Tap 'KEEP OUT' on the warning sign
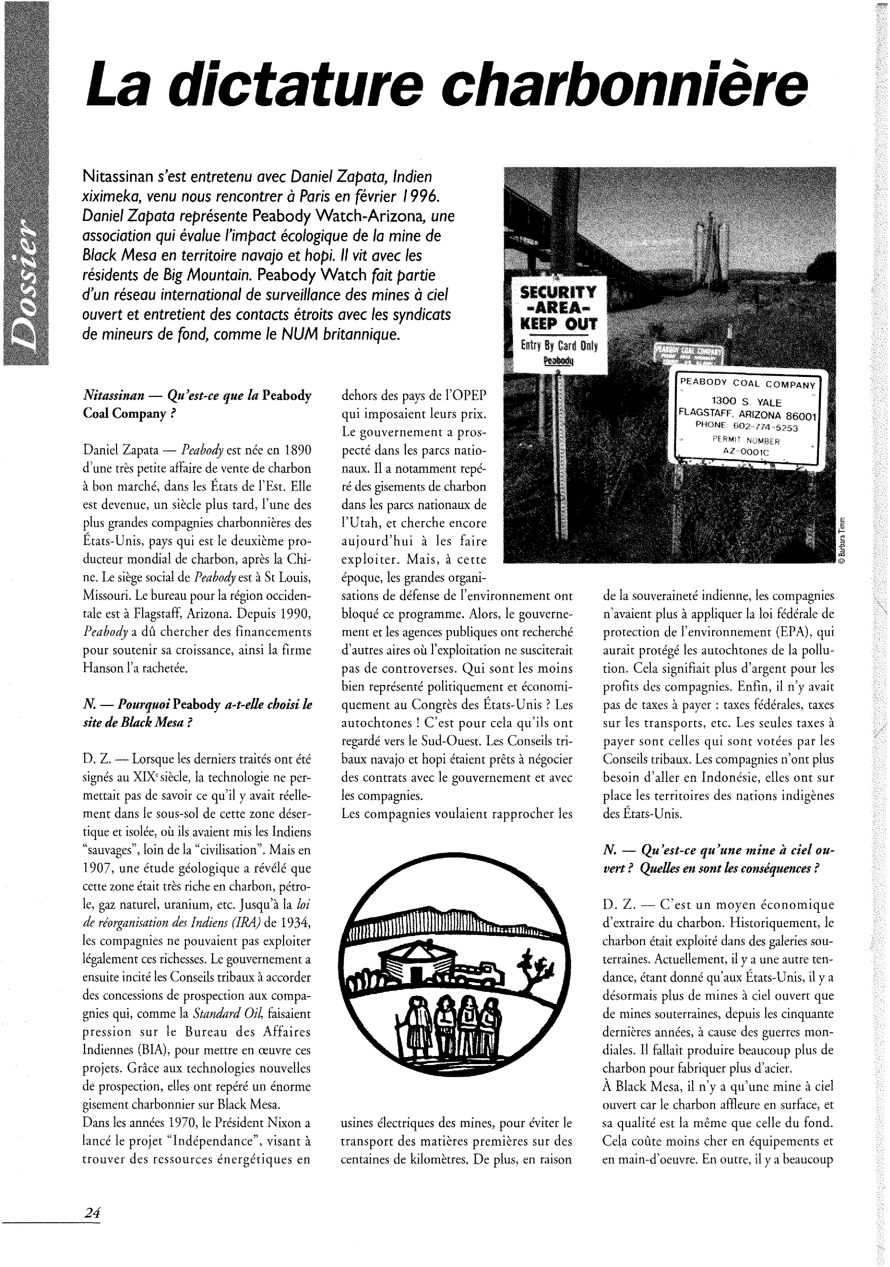(x=559, y=324)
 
